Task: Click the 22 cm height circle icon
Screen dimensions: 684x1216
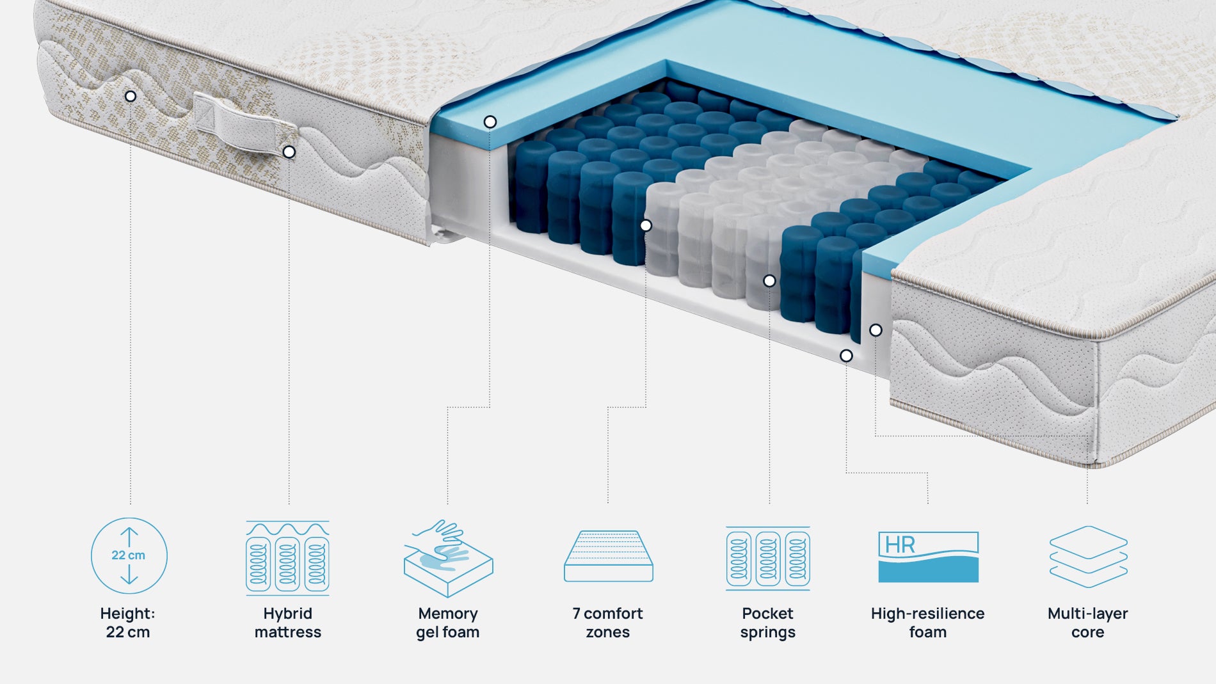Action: click(129, 555)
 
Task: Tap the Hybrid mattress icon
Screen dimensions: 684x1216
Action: click(288, 557)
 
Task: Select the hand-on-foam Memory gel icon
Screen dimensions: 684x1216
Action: click(448, 558)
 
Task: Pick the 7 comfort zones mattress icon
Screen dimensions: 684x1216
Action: click(608, 556)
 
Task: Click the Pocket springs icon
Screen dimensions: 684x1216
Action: click(768, 558)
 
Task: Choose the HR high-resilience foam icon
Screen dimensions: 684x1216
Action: click(928, 557)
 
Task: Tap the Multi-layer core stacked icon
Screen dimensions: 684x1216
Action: click(1088, 557)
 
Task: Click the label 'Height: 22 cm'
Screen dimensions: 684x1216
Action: click(128, 623)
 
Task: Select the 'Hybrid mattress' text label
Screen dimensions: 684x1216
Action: click(288, 623)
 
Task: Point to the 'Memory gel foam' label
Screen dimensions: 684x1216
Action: click(448, 623)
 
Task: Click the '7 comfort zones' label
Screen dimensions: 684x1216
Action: click(608, 623)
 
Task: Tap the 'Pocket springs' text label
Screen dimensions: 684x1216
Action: click(768, 623)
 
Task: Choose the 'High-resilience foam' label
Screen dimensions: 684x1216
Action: click(928, 623)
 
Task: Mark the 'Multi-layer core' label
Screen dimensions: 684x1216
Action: click(1088, 623)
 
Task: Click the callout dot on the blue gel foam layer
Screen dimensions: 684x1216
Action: click(490, 122)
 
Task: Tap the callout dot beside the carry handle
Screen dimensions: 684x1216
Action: click(289, 152)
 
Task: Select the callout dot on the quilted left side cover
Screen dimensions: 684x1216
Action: click(131, 97)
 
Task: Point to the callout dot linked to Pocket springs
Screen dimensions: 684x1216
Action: click(769, 281)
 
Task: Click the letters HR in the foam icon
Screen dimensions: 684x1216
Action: click(900, 545)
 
